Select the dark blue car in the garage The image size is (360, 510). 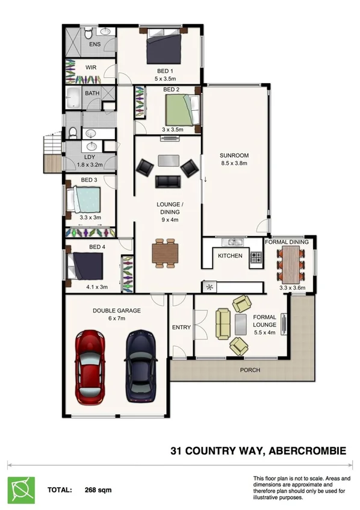(140, 366)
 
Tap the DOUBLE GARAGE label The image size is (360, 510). (117, 311)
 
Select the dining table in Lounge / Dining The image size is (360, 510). (166, 252)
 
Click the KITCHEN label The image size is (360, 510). (230, 256)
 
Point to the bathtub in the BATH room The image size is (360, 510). (76, 98)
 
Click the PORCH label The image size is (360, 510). (250, 370)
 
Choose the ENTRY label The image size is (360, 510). (181, 328)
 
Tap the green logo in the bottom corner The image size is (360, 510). (20, 488)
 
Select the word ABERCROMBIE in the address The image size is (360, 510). (311, 449)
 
